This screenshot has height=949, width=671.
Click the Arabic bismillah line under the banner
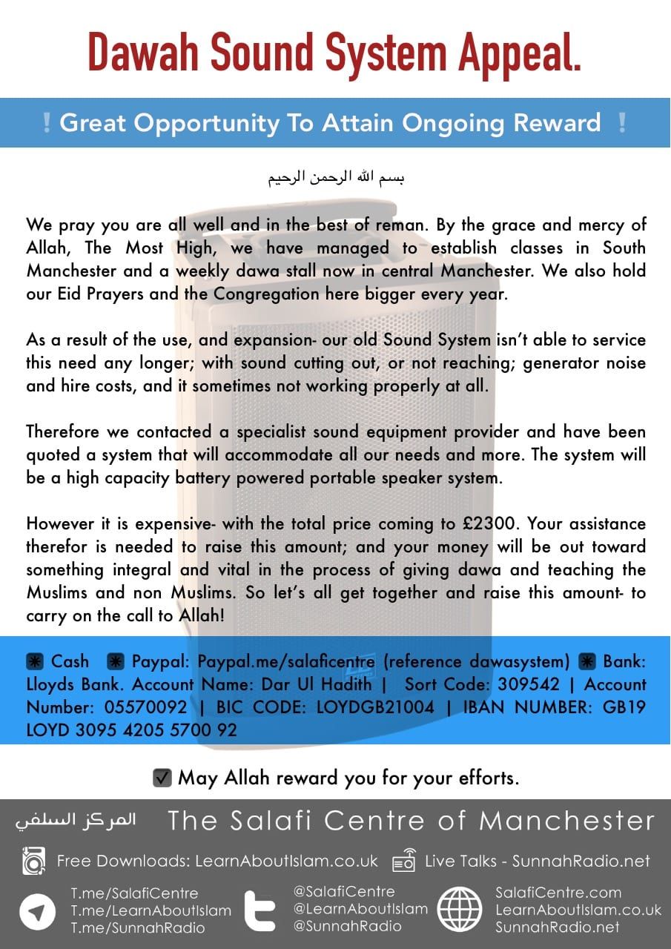[x=335, y=179]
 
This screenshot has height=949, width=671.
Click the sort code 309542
[x=520, y=684]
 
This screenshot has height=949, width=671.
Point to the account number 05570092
[x=145, y=707]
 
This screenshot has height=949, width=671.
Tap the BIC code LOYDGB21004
[x=375, y=707]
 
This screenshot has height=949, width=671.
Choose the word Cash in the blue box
[x=70, y=661]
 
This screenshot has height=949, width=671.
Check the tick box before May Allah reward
[x=162, y=778]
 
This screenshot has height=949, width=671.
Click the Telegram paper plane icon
[x=38, y=911]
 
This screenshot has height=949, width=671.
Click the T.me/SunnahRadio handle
[x=137, y=927]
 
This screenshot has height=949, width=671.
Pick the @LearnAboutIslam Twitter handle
[x=360, y=909]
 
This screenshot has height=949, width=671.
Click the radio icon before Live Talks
[x=404, y=862]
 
